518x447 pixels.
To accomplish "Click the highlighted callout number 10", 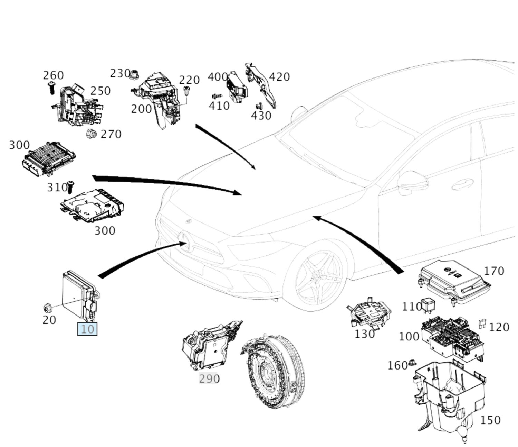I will pos(87,329).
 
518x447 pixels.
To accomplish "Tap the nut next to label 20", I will pos(47,307).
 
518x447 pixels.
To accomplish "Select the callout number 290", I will pos(209,379).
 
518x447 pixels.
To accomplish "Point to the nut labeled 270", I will pos(91,133).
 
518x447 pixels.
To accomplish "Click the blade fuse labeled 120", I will pos(482,324).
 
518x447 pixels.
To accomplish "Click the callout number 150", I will pos(490,420).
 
